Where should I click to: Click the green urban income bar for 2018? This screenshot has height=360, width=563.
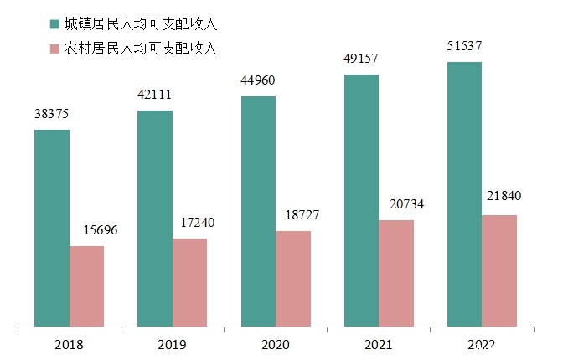(x=52, y=228)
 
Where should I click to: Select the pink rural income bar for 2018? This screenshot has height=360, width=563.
(x=86, y=285)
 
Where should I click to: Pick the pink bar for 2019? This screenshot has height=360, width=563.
(x=189, y=282)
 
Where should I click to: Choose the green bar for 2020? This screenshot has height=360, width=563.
(x=258, y=211)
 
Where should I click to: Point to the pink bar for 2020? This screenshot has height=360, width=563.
(x=293, y=278)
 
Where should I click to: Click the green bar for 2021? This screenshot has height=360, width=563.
(x=361, y=200)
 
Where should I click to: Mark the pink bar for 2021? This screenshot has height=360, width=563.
(x=396, y=273)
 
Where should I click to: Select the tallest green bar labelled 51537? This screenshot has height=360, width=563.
(x=465, y=193)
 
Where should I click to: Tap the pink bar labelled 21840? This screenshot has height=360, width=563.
(x=499, y=270)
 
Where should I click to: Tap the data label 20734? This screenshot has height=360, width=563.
(x=395, y=204)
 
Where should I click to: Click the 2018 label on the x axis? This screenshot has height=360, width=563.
(x=69, y=344)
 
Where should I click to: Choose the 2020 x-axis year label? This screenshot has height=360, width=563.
(x=275, y=344)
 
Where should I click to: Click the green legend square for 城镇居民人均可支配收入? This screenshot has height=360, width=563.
(x=55, y=23)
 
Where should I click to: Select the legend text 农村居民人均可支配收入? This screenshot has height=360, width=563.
(x=142, y=49)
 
